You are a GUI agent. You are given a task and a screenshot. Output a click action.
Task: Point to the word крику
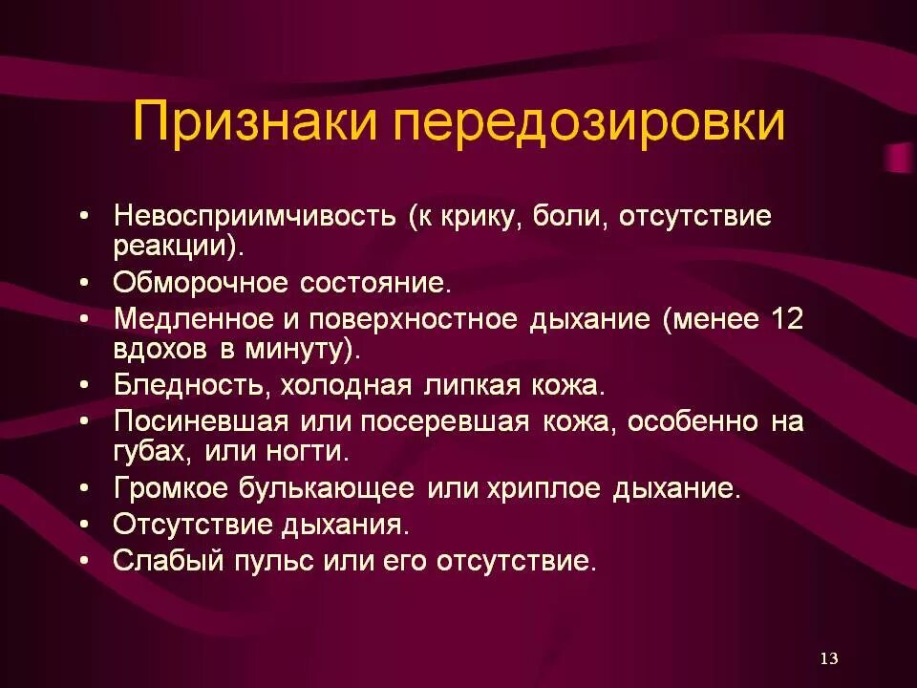(483, 214)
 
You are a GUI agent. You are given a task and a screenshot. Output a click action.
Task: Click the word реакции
(173, 246)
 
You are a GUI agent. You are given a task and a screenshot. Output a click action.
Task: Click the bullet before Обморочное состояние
(86, 284)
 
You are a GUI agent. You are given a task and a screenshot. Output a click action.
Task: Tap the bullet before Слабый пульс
(86, 561)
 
